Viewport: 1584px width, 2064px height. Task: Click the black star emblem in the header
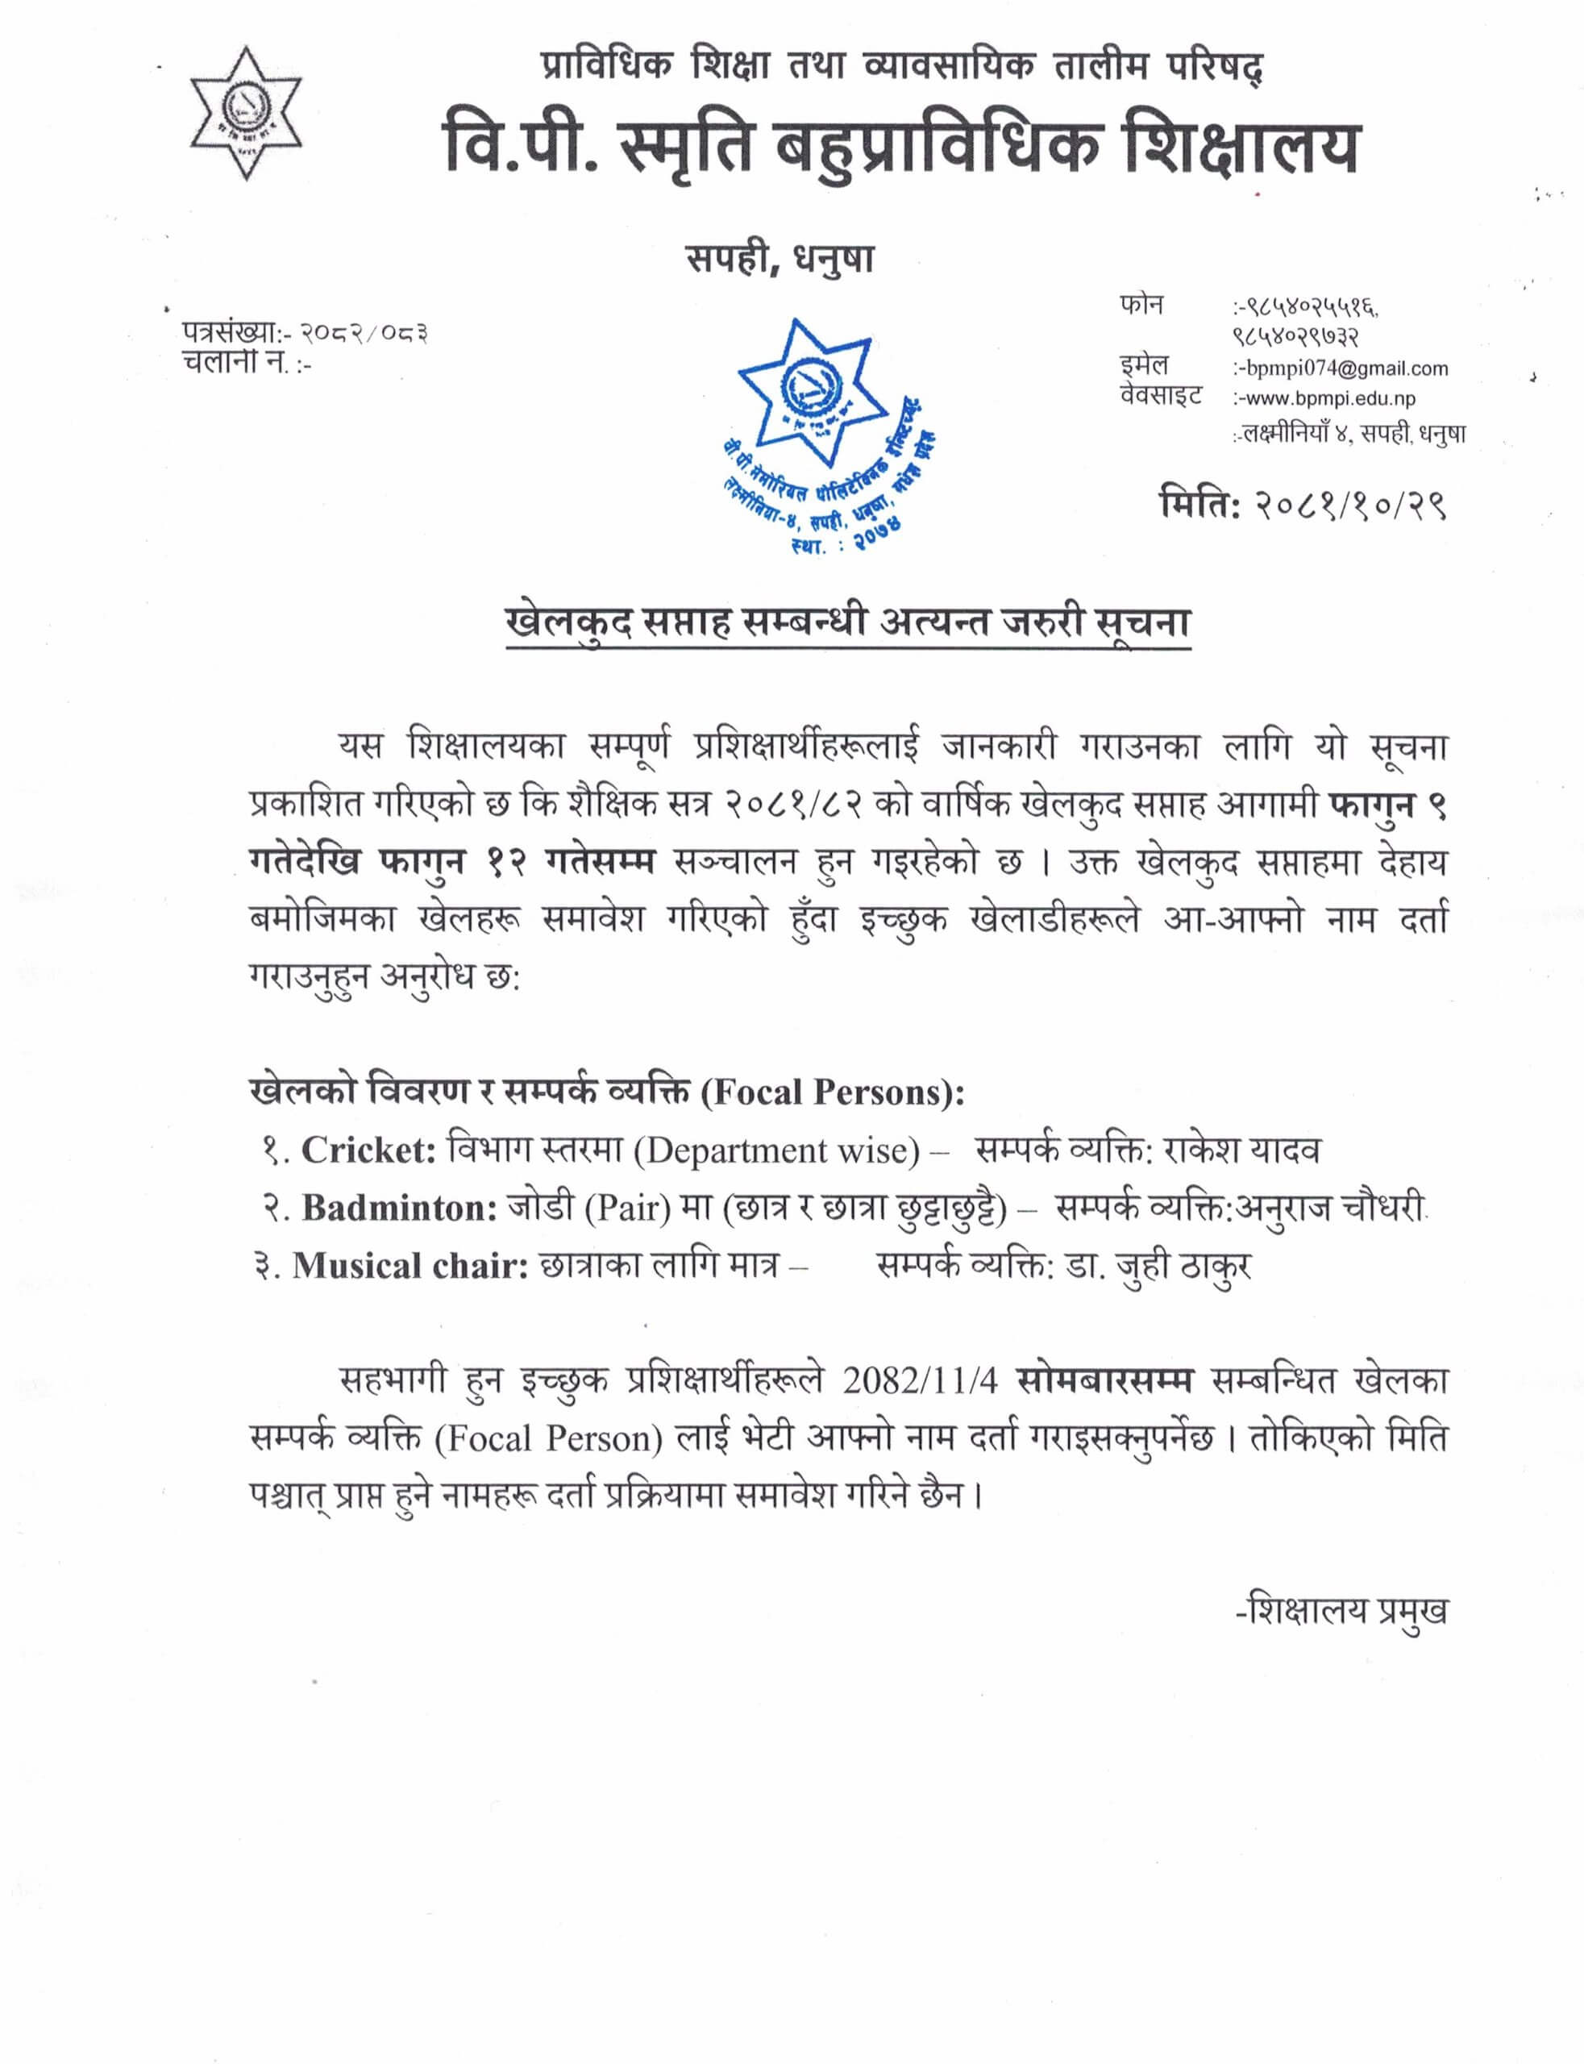point(246,112)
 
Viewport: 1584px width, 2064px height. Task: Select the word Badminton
point(399,1209)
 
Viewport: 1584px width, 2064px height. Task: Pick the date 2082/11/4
point(921,1380)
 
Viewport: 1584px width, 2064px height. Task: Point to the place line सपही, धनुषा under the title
point(780,260)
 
